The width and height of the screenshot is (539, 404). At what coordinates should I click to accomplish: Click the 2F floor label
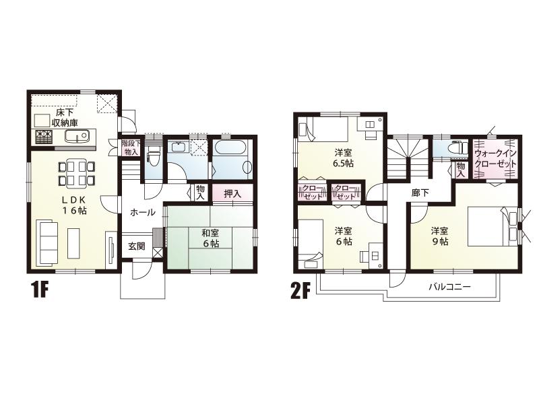point(300,291)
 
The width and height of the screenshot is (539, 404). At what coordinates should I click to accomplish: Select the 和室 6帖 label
point(210,239)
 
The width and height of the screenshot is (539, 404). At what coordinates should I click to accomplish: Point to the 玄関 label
point(137,246)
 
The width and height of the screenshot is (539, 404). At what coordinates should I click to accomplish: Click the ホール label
point(142,212)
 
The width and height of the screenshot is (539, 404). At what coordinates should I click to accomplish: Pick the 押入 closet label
point(232,194)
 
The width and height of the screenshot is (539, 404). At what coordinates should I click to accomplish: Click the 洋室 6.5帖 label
point(344,157)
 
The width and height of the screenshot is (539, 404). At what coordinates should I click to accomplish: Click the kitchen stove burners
point(44,137)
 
